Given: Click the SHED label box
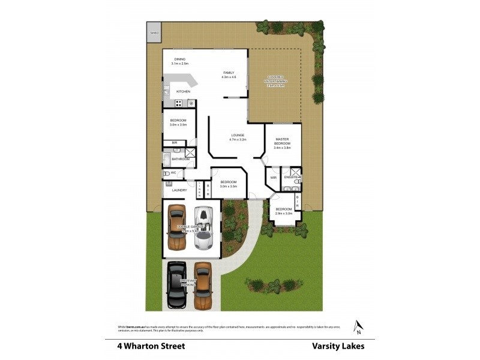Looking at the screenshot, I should click(x=154, y=32).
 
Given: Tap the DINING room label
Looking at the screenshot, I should click(x=179, y=61).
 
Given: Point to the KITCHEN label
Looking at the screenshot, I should click(x=183, y=91).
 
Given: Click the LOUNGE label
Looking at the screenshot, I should click(x=238, y=137).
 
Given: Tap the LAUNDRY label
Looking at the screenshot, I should click(x=179, y=190).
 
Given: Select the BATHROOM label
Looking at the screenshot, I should click(x=181, y=159).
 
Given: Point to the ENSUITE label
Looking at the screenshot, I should click(x=291, y=178).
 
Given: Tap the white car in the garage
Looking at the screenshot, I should click(x=204, y=228).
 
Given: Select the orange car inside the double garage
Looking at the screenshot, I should click(x=176, y=228).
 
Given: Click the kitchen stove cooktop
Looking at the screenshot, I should click(x=178, y=103).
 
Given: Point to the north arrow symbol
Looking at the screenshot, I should click(x=358, y=326).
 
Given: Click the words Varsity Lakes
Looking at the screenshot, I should click(x=338, y=346).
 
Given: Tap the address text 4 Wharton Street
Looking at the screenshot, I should click(x=151, y=346).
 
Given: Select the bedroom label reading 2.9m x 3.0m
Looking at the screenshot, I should click(x=284, y=211).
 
